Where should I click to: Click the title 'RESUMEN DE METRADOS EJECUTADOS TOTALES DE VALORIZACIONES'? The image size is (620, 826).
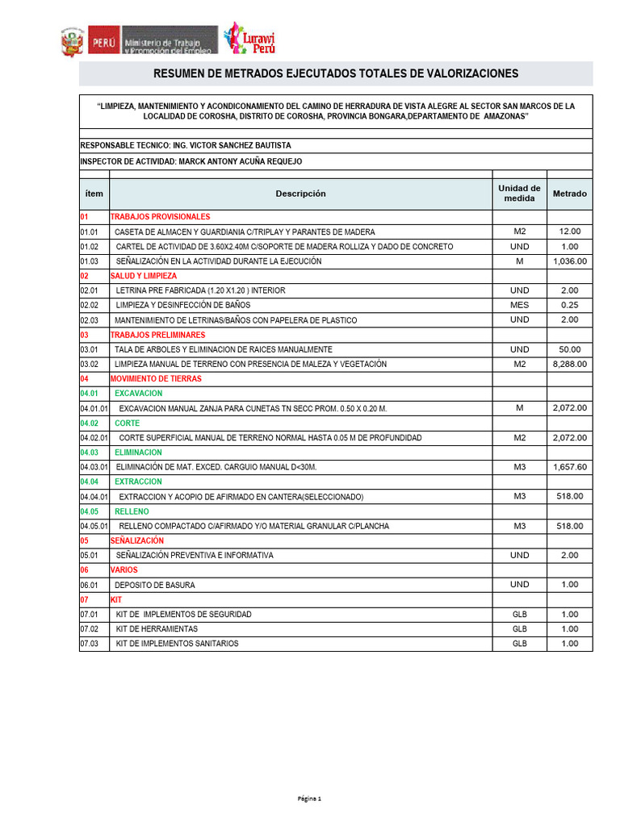[x=335, y=74]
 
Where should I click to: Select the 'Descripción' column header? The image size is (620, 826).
[x=300, y=194]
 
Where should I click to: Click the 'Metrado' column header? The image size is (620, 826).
[x=569, y=194]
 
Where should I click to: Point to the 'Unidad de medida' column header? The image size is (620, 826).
[x=519, y=194]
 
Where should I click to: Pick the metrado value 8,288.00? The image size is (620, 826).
[x=569, y=364]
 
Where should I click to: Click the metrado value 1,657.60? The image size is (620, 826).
[x=569, y=467]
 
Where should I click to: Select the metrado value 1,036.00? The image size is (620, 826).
[x=569, y=261]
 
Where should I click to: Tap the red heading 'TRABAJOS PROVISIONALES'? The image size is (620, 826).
[x=160, y=217]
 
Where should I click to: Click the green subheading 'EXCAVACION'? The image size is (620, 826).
[x=138, y=394]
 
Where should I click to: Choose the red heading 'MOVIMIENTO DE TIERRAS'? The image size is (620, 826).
[x=156, y=378]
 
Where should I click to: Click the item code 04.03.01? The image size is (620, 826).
[x=94, y=467]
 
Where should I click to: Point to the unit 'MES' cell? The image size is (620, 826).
[x=519, y=305]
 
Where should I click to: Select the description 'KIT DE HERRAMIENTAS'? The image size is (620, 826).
[x=157, y=628]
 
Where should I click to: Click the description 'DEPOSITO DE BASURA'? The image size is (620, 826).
[x=154, y=585]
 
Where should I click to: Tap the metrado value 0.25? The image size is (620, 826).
[x=569, y=305]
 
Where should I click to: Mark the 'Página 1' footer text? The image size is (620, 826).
[x=309, y=799]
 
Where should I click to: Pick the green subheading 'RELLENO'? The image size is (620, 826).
[x=132, y=511]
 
